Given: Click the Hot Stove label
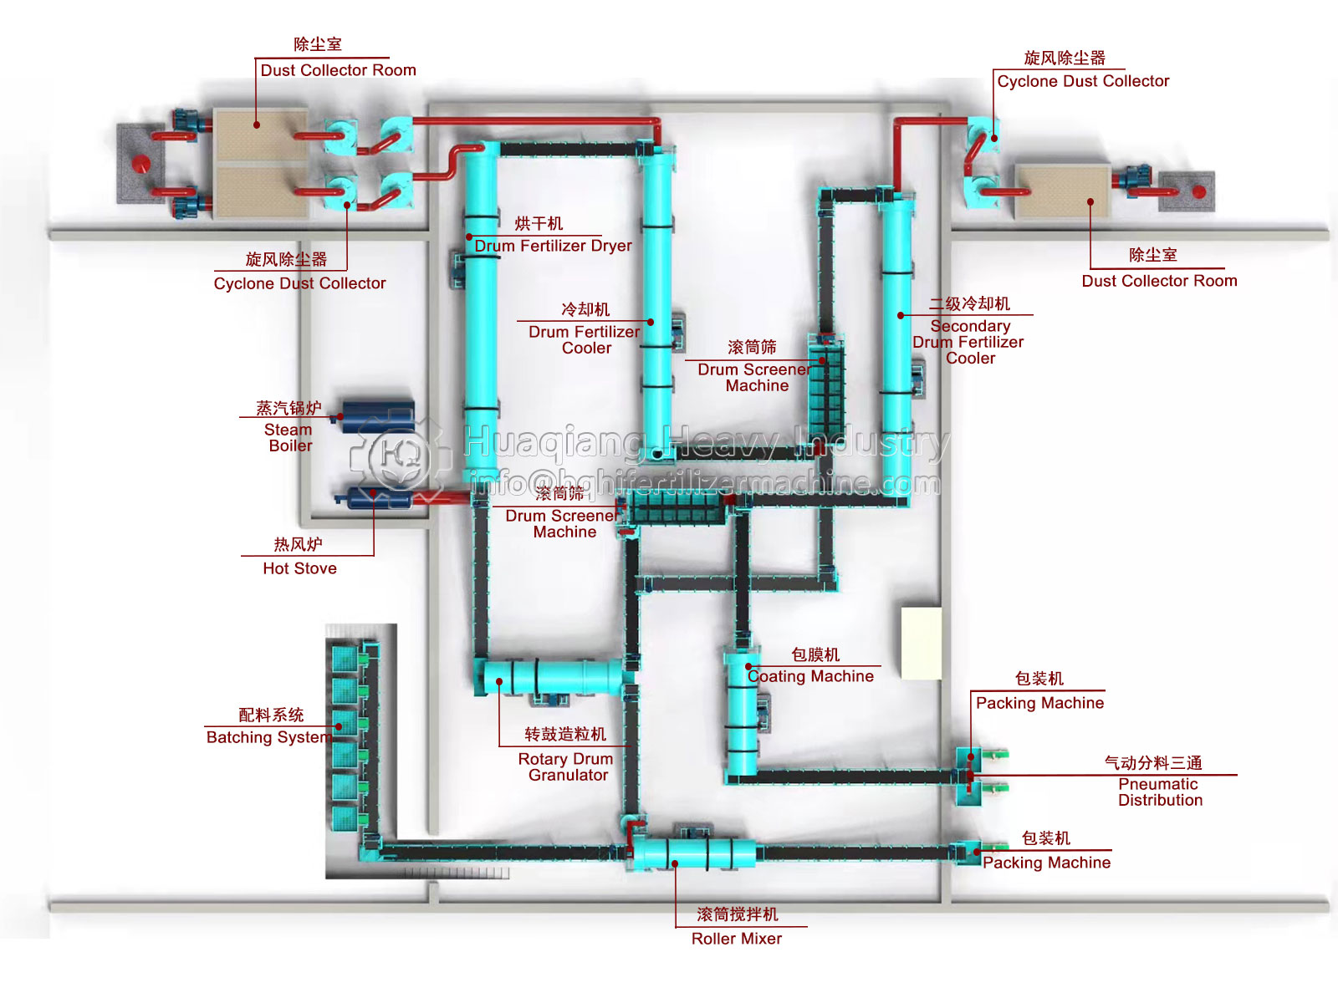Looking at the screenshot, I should click(299, 568).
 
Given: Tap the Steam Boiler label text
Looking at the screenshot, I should click(289, 437).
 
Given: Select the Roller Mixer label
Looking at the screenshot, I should click(736, 939).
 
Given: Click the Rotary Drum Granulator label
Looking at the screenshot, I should click(566, 766).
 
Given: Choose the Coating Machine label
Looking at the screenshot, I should click(810, 676).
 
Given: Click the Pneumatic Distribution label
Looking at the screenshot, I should click(1159, 792).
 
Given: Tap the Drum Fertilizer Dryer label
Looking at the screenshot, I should click(553, 246).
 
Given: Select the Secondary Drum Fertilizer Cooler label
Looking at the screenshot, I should click(969, 342).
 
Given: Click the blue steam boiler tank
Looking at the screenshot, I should click(378, 415).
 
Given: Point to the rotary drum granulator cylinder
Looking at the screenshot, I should click(553, 676).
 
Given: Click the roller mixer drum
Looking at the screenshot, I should click(693, 853).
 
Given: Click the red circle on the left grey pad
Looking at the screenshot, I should click(141, 163).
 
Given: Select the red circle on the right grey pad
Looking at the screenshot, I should click(1199, 191).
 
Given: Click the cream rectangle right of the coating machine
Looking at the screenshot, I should click(921, 643).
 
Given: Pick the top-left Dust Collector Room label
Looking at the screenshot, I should click(338, 70).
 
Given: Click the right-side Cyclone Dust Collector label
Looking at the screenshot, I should click(1083, 81).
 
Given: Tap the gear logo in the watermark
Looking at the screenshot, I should click(399, 455).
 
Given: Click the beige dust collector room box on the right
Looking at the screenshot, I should click(1062, 191).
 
